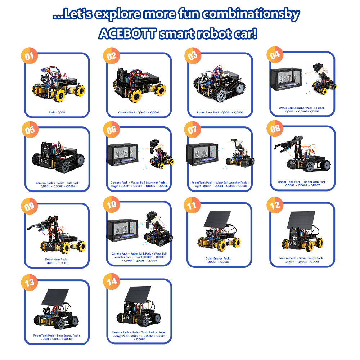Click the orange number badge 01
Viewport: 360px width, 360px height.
(30, 55)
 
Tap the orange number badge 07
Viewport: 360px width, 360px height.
(192, 130)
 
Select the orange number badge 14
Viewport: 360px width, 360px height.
(112, 281)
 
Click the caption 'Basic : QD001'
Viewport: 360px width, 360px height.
(57, 112)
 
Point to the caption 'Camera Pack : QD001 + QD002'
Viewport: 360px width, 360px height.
(139, 112)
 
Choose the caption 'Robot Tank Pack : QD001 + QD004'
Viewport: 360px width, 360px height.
(220, 112)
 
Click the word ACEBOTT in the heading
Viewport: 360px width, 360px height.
(128, 34)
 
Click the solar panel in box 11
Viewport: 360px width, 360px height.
(217, 219)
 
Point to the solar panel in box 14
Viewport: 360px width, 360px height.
(138, 294)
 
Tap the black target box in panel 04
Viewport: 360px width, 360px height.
(286, 79)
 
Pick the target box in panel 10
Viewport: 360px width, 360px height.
(122, 230)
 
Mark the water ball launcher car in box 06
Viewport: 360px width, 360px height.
(161, 154)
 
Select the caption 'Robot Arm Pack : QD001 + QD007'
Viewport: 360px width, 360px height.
(57, 261)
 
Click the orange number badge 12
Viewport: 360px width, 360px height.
(275, 205)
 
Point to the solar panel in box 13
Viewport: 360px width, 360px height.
(55, 297)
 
